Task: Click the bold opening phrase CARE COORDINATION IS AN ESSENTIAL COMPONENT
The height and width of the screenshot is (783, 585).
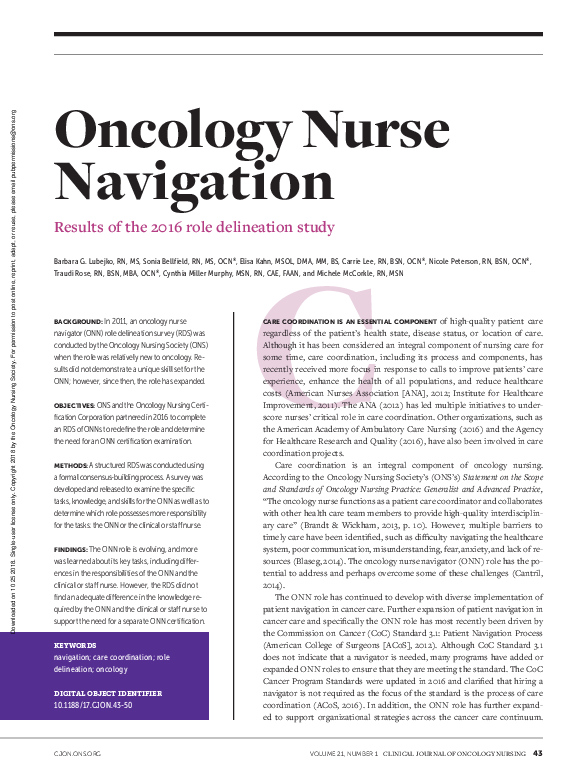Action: click(x=341, y=320)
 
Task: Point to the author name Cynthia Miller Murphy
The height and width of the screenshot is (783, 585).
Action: click(x=210, y=273)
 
